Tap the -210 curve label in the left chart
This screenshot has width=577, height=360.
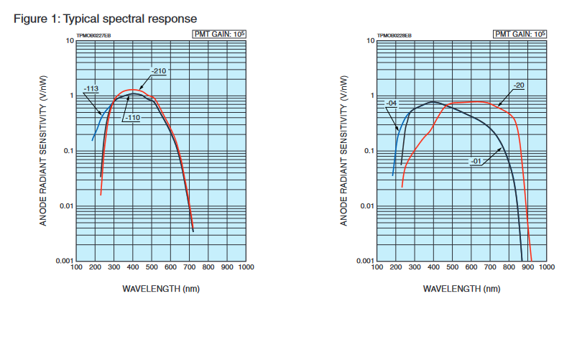point(159,70)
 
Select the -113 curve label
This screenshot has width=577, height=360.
point(91,90)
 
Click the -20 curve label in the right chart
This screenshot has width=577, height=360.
point(519,86)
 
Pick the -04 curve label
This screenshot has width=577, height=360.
point(392,103)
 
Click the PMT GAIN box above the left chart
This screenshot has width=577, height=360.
point(218,34)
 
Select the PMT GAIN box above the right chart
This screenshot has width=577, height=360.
point(520,34)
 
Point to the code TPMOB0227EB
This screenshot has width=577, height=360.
point(93,34)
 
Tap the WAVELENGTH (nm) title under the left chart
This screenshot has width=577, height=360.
point(161,289)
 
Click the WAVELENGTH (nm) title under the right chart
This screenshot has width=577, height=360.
point(462,289)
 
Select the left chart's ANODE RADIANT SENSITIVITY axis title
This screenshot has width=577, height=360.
point(43,151)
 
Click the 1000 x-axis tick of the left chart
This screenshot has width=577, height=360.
point(245,267)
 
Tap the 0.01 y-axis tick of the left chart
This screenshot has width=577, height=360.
point(65,206)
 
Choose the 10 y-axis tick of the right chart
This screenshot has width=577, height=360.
point(370,41)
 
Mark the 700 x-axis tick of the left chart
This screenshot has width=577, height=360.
point(189,267)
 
